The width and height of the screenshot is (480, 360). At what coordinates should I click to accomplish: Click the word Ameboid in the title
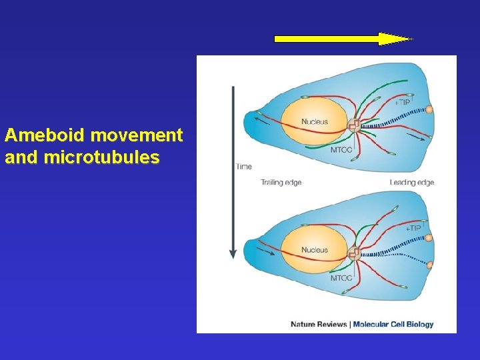pos(45,135)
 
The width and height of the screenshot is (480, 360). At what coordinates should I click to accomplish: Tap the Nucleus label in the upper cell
pos(314,121)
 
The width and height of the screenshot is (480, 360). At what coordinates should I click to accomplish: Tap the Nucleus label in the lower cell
pos(314,250)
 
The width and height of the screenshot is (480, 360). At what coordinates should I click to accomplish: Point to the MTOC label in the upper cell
pos(341,150)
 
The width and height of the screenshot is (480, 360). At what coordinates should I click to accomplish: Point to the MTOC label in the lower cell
pos(341,278)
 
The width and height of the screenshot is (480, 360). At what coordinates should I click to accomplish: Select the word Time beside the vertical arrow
pos(244,166)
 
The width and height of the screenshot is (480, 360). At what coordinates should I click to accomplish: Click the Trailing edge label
pos(281,183)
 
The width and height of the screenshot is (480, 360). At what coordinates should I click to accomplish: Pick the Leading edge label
pos(411,183)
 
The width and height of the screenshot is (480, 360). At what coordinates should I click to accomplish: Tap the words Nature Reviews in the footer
pos(319,325)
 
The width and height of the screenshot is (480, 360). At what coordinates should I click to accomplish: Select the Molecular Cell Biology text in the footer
pos(393,325)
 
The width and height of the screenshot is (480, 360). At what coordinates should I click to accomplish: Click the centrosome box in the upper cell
pos(353,125)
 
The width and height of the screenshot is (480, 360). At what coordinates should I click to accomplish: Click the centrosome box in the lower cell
pos(353,253)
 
